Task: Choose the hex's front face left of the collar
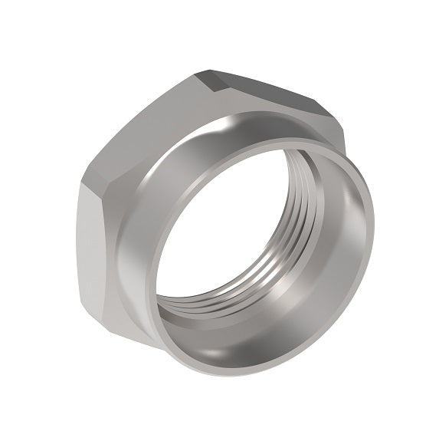[126, 253]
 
